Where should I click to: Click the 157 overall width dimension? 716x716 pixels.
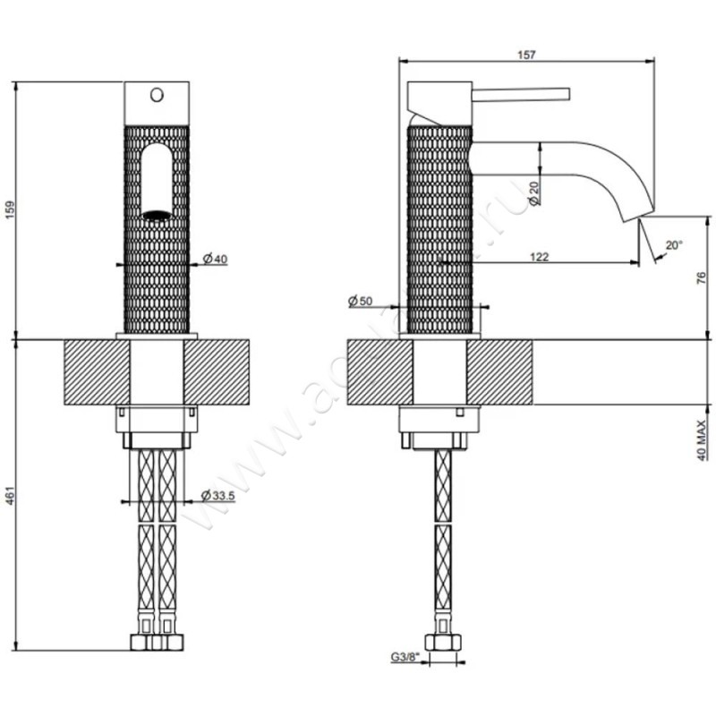(x=526, y=55)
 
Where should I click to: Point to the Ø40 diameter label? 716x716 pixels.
(x=216, y=259)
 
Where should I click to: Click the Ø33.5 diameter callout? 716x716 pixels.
(x=219, y=495)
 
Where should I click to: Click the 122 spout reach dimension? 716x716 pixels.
(x=540, y=257)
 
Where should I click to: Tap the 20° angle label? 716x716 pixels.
(x=673, y=243)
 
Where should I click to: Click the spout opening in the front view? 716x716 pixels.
(x=157, y=215)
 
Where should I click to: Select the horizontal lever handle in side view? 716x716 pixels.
(x=519, y=92)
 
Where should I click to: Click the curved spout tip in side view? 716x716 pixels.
(x=636, y=210)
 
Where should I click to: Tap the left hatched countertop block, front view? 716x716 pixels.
(x=96, y=372)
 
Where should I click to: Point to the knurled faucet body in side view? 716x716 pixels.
(x=439, y=228)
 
